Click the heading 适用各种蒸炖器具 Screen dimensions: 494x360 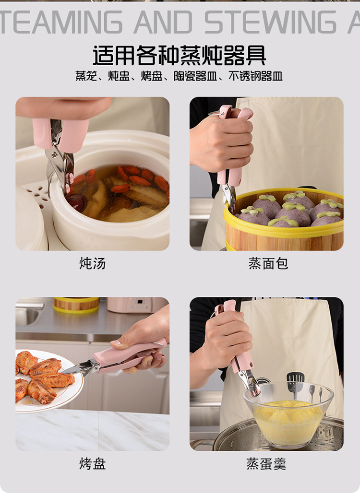[x=180, y=55]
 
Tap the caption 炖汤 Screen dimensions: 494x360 [x=92, y=263]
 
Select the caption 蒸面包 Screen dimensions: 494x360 [x=268, y=263]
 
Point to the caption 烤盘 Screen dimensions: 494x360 [x=92, y=463]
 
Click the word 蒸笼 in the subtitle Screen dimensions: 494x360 [x=86, y=76]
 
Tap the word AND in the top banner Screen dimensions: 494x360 [x=163, y=22]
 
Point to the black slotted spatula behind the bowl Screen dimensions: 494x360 [x=295, y=382]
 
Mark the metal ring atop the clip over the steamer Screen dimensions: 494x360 [x=215, y=113]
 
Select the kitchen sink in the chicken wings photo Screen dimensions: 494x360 [x=29, y=314]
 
